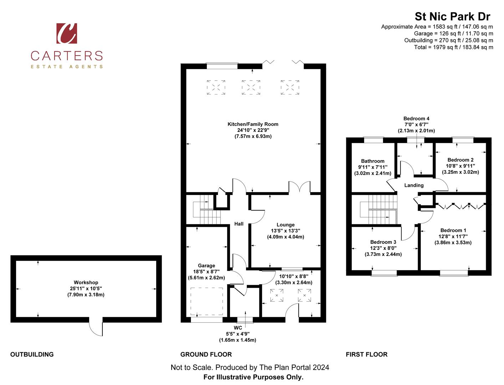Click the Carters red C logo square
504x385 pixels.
tap(67, 33)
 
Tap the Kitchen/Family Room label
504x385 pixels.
tap(253, 124)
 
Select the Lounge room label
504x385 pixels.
tap(285, 225)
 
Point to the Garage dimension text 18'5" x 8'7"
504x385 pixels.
tap(206, 272)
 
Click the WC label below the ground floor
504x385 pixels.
tap(238, 328)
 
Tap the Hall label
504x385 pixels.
tap(239, 224)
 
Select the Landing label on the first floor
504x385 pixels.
tap(414, 185)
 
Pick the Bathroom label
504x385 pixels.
tap(372, 161)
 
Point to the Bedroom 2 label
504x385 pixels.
tap(460, 160)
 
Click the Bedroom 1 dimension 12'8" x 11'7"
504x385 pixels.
tap(453, 236)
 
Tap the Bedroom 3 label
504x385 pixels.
tap(383, 242)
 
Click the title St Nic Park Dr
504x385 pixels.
tap(452, 16)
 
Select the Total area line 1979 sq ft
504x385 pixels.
tap(453, 47)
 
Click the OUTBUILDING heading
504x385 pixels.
tap(32, 354)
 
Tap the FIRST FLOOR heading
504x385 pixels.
tap(366, 354)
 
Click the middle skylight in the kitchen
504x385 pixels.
tap(251, 87)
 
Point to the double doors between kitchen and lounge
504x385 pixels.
tap(299, 188)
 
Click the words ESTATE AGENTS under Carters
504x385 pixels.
tap(67, 67)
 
